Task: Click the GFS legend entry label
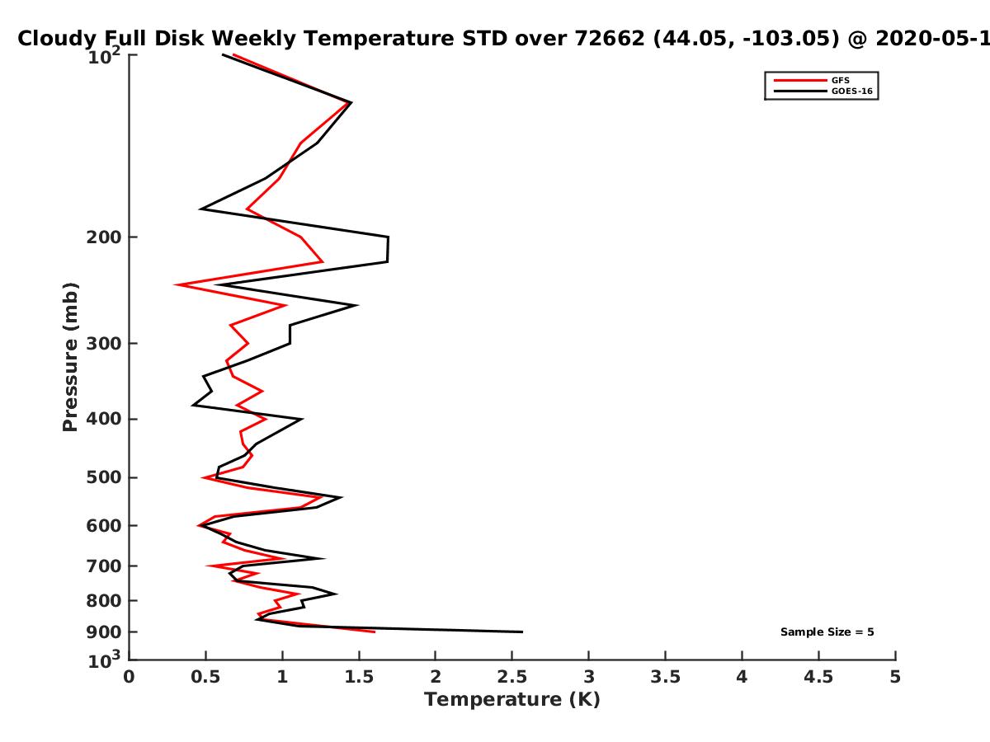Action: pos(840,80)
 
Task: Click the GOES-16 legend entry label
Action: pos(852,91)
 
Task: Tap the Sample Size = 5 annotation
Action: pos(827,632)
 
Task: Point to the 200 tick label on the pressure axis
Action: pos(104,237)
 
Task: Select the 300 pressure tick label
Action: pos(104,343)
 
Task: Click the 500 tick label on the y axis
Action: pos(104,477)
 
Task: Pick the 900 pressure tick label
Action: pos(104,632)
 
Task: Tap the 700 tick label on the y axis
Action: pos(104,566)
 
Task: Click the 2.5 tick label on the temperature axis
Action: pos(512,677)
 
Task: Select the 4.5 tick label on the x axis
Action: pos(818,677)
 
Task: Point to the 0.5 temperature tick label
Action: pos(205,677)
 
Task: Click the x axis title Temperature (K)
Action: pos(512,700)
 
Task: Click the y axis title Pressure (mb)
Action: pos(70,357)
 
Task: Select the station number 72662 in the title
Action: pos(610,39)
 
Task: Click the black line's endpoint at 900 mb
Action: pos(522,632)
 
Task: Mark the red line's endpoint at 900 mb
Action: pos(375,632)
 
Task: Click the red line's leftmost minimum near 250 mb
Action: pos(175,284)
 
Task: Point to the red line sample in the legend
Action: pos(800,80)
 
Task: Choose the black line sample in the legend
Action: pos(800,91)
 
